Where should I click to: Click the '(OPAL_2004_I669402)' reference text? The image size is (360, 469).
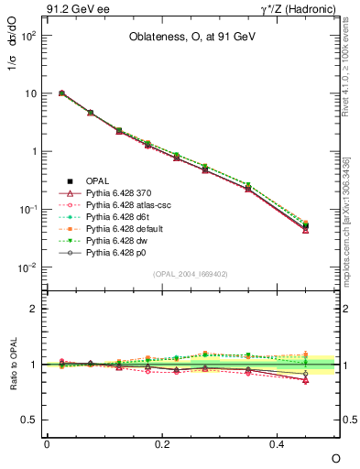pos(191,273)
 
